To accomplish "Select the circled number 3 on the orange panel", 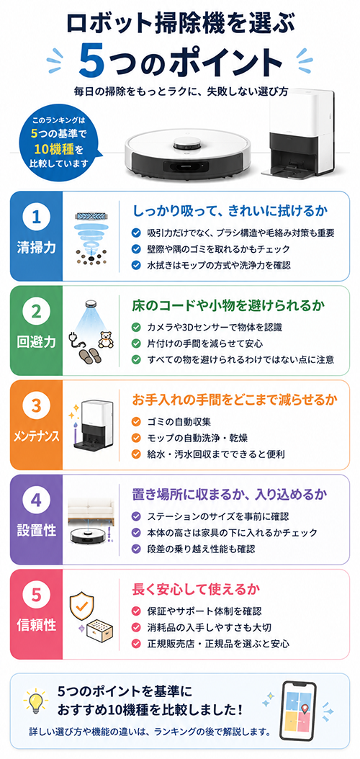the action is tap(36, 405).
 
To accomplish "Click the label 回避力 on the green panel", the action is tap(36, 342).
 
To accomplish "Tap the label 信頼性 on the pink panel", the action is tap(36, 624).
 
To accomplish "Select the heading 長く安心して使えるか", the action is tap(197, 590).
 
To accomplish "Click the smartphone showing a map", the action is tap(299, 709).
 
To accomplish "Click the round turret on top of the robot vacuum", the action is tap(187, 143).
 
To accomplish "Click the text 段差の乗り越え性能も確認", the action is tap(202, 549).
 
